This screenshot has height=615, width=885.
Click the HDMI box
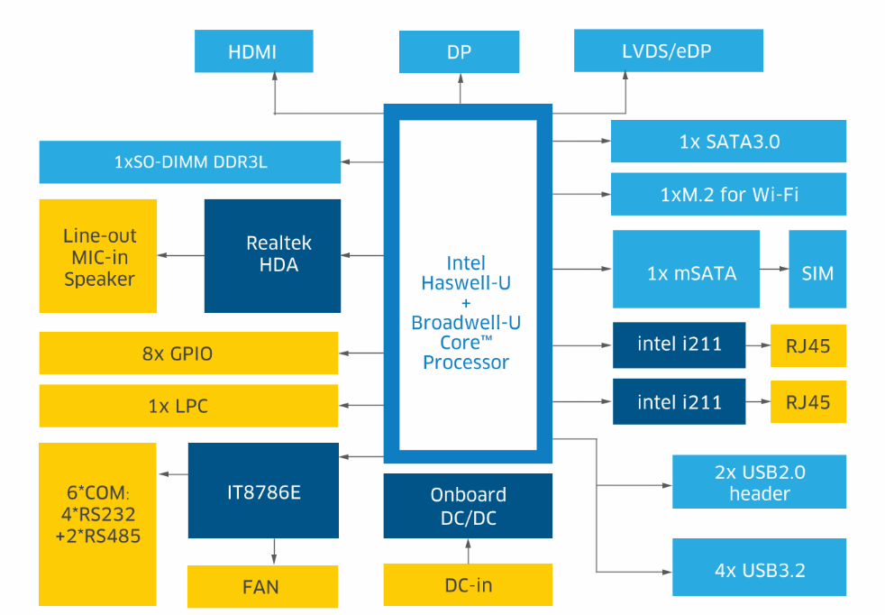[253, 51]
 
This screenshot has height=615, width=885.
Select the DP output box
[460, 51]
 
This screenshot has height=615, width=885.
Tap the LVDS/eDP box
[668, 51]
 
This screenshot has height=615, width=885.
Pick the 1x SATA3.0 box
[728, 142]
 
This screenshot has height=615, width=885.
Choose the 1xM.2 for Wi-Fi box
[728, 194]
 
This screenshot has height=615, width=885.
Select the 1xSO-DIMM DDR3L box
[190, 162]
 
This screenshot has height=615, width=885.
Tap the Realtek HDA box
[272, 255]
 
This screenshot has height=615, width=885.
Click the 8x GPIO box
[188, 353]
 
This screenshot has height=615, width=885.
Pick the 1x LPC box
[188, 406]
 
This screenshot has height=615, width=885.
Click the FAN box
[262, 586]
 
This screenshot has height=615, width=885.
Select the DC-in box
[468, 584]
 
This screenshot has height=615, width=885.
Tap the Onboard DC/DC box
[468, 506]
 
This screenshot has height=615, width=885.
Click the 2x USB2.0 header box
[760, 482]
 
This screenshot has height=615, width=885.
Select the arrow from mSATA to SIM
[772, 269]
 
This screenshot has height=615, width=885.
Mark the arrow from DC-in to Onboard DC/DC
[468, 551]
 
